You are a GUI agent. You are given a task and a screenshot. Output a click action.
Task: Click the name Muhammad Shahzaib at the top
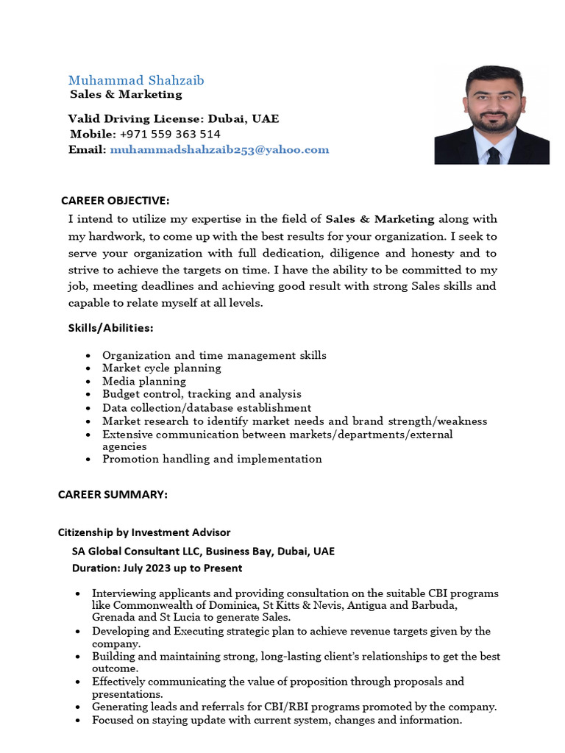(x=136, y=80)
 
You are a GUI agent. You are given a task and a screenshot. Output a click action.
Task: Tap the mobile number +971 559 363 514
(x=169, y=134)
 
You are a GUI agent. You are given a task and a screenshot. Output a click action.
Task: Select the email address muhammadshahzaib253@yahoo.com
(x=219, y=149)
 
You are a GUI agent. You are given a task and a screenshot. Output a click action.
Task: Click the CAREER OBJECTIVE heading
(x=115, y=200)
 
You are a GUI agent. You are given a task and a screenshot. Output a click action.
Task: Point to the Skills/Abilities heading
(x=111, y=327)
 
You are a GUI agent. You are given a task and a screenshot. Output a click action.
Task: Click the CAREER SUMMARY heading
(x=113, y=495)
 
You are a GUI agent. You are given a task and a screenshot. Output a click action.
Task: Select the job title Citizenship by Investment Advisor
(x=144, y=532)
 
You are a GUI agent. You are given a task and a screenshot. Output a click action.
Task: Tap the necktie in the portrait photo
(x=493, y=154)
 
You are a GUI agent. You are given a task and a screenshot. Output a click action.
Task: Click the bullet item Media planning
(x=144, y=381)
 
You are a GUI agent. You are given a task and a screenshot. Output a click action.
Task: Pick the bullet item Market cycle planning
(x=161, y=368)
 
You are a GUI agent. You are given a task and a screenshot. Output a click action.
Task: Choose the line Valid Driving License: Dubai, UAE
(x=174, y=118)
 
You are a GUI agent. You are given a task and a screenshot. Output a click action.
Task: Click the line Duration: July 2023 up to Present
(x=157, y=568)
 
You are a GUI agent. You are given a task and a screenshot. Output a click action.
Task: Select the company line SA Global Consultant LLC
(x=203, y=552)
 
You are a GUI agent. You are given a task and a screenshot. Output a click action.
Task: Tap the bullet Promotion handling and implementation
(x=212, y=459)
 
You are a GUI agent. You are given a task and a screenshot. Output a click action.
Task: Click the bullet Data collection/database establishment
(x=207, y=407)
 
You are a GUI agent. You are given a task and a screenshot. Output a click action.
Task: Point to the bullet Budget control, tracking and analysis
(x=202, y=394)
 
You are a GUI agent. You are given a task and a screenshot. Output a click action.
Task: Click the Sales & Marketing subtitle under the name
(x=126, y=94)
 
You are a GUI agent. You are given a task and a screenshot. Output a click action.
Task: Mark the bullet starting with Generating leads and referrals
(x=294, y=707)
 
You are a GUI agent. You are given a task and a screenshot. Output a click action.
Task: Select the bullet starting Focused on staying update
(x=277, y=720)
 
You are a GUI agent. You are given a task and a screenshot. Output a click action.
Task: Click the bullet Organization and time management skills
(x=214, y=355)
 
